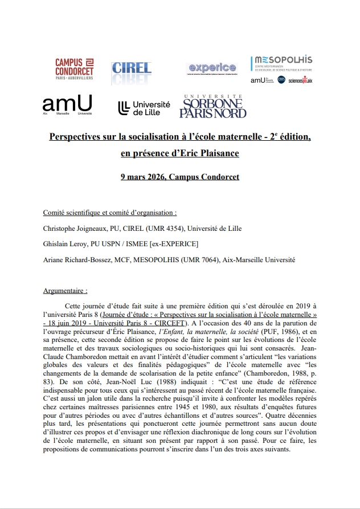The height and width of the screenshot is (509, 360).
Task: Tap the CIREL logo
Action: [132, 69]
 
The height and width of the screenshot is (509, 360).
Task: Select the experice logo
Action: [212, 68]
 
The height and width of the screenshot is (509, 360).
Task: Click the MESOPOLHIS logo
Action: [281, 70]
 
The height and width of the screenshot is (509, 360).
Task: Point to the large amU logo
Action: [67, 105]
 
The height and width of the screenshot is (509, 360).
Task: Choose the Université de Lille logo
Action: [144, 108]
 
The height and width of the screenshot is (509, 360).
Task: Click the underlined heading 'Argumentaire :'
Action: [65, 291]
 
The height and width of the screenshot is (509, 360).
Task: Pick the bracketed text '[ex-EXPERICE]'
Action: [174, 244]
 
